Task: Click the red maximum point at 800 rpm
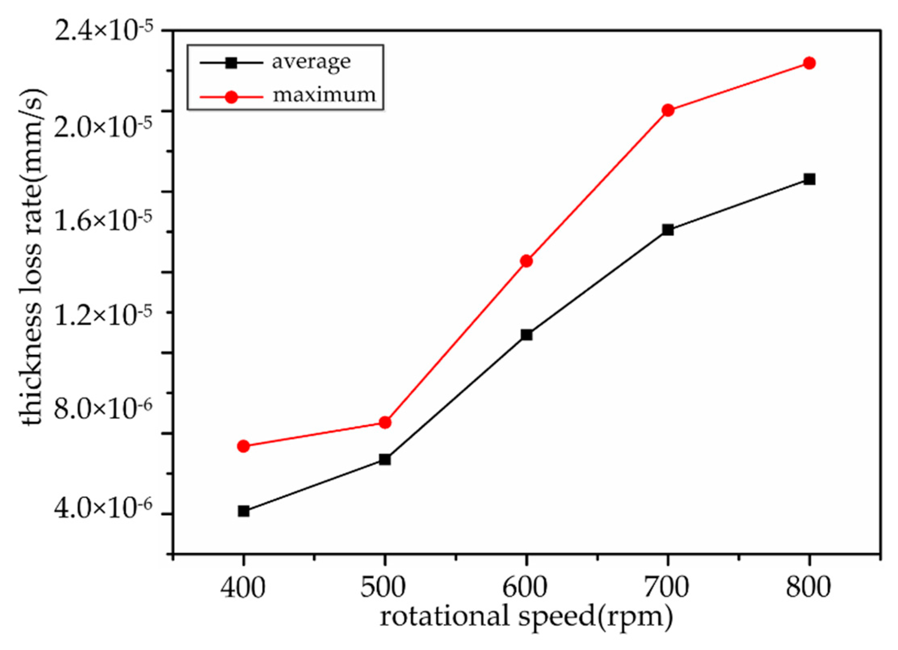(x=809, y=63)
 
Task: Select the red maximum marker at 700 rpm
(x=668, y=110)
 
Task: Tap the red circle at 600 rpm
(x=526, y=261)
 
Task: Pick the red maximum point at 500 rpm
(x=385, y=422)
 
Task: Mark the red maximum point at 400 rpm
(x=243, y=446)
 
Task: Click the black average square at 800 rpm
(x=809, y=179)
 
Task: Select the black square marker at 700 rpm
(x=668, y=230)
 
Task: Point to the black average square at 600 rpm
(x=526, y=335)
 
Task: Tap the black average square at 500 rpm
(x=385, y=460)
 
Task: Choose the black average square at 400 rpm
(x=243, y=511)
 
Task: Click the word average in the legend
(x=311, y=62)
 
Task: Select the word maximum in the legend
(x=324, y=95)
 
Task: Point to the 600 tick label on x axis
(x=525, y=588)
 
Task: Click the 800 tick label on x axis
(x=808, y=588)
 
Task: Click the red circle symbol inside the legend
(x=231, y=97)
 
